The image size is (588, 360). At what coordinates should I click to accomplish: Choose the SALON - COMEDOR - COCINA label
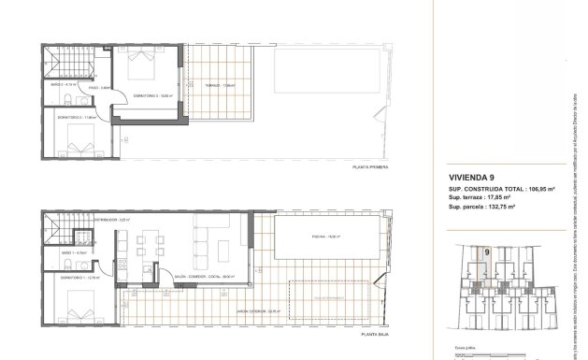[x=202, y=278]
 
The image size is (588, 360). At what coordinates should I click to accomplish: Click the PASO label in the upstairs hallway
[x=106, y=87]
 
